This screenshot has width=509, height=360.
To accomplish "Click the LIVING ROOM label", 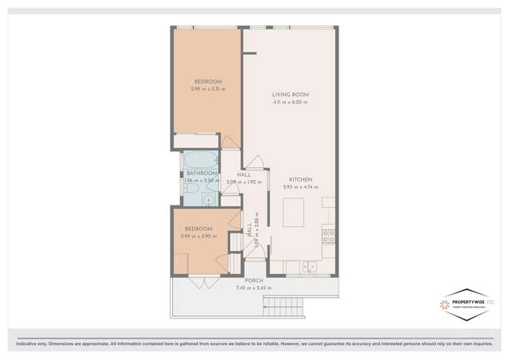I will click(290, 95).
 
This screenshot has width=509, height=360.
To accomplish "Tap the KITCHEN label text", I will click(300, 179).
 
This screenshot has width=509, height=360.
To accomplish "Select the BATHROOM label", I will click(201, 173).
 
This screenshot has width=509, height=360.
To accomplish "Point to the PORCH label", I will click(253, 280).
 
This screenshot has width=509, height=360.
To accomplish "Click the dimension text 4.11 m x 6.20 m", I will click(290, 102).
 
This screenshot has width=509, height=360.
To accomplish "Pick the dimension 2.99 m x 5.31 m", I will click(208, 88).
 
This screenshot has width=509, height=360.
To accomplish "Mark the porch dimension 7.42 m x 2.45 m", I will click(253, 288).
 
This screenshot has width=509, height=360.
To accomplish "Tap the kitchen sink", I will click(310, 267).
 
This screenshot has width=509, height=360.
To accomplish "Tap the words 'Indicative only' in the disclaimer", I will click(26, 343).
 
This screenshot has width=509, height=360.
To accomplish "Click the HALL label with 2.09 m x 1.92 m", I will click(244, 178).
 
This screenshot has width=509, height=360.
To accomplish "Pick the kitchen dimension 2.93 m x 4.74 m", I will click(300, 187).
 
